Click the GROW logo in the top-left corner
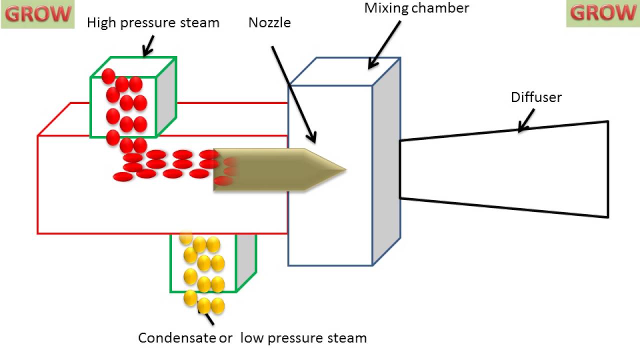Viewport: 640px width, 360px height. [x=37, y=14]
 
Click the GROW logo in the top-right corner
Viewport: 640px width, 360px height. [x=603, y=13]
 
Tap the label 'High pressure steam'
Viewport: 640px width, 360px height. [x=153, y=23]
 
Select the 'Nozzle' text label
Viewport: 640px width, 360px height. [x=269, y=23]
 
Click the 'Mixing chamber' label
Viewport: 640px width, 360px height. [x=416, y=8]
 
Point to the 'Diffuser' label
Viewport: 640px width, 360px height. [x=536, y=97]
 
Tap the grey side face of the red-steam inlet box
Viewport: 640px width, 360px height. [x=166, y=97]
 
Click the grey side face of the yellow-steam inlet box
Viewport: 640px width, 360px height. [x=246, y=260]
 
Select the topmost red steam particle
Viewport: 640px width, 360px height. [x=108, y=76]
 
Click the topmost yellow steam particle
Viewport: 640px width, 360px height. [x=186, y=237]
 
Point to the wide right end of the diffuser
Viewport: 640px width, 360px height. [x=607, y=169]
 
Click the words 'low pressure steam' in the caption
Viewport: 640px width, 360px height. [x=303, y=338]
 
